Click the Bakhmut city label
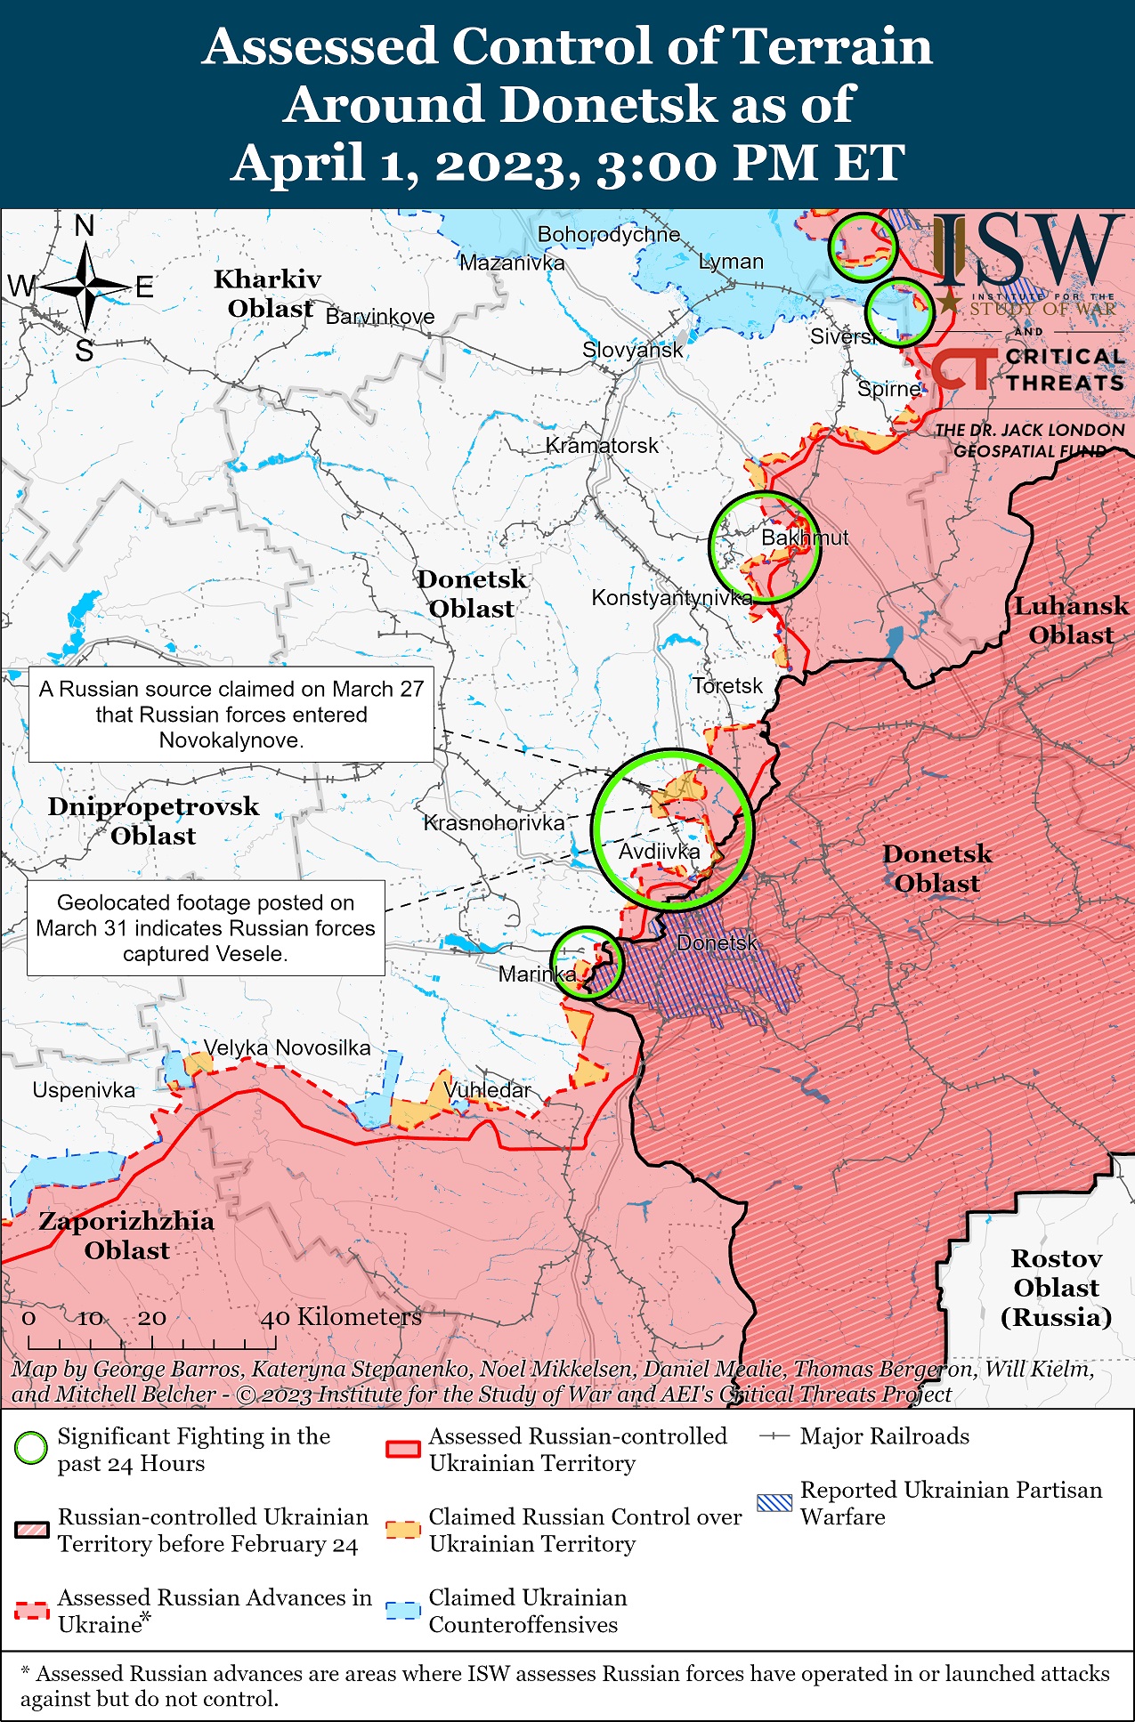[804, 538]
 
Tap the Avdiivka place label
[659, 852]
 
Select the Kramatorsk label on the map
[602, 445]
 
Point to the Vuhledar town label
[487, 1089]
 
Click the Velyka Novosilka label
[287, 1047]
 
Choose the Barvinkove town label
[380, 317]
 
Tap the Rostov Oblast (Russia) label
[1056, 1287]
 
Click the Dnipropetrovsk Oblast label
[153, 821]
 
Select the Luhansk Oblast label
[1071, 620]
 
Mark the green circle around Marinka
[587, 963]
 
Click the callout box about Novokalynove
[231, 715]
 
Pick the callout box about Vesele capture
[206, 928]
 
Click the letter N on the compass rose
[85, 226]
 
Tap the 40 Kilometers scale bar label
[341, 1316]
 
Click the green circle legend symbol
[31, 1449]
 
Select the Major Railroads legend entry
[884, 1436]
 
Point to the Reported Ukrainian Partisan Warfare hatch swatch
[773, 1503]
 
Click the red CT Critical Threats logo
[963, 368]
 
